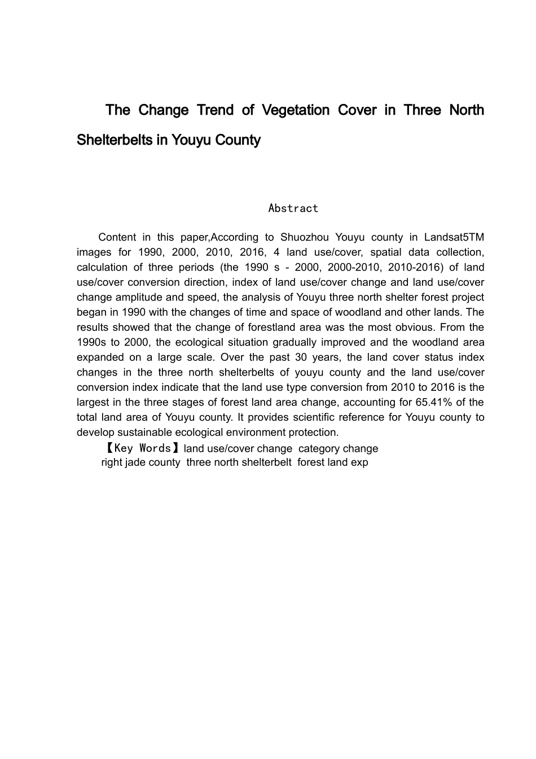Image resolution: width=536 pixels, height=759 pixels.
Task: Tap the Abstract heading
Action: (x=293, y=208)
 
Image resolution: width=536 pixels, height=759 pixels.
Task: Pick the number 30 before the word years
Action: (x=300, y=357)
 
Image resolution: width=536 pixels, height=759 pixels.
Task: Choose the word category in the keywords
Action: (x=318, y=448)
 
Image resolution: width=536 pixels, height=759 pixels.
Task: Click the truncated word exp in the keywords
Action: (x=359, y=463)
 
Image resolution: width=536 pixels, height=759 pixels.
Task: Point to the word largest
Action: (x=92, y=402)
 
